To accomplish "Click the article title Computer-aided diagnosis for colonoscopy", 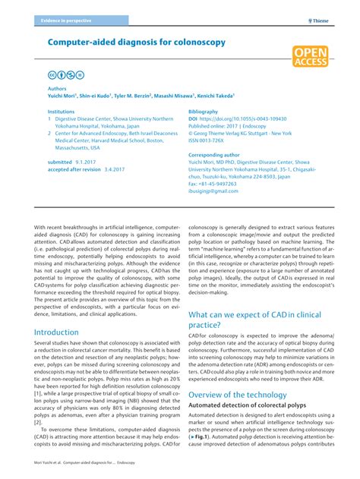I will pos(136,43).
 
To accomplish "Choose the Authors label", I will pos(57,88).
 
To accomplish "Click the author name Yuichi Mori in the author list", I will pos(65,96).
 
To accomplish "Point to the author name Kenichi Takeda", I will pos(214,96).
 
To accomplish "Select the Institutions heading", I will pos(61,112).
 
